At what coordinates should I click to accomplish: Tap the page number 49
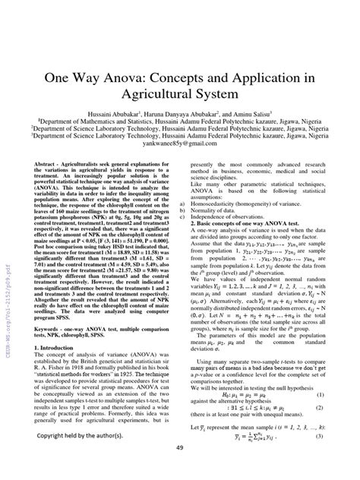click(179, 468)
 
